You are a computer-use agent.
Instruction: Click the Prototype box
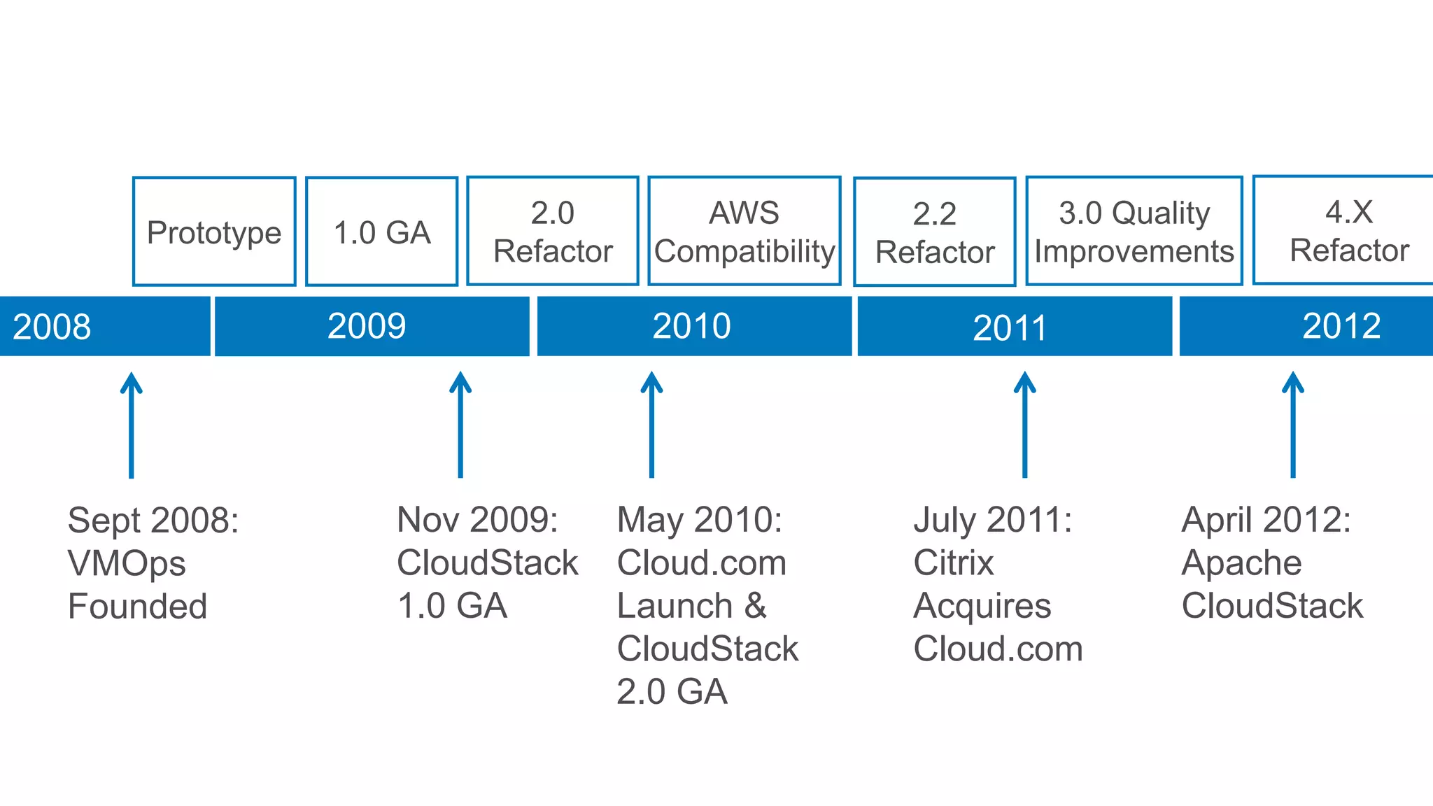[214, 232]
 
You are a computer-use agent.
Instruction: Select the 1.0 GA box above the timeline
[382, 232]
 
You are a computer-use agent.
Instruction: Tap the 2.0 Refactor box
[553, 231]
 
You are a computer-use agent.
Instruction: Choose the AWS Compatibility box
[744, 231]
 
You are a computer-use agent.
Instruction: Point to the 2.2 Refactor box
[935, 232]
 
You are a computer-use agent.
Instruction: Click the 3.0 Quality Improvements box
[1134, 231]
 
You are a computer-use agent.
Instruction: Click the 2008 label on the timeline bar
[52, 327]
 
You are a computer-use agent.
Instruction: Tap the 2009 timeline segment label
[367, 326]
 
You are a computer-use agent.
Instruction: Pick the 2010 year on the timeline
[691, 326]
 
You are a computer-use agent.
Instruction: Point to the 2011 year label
[1010, 327]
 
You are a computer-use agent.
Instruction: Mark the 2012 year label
[1341, 326]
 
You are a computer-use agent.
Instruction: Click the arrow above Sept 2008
[131, 425]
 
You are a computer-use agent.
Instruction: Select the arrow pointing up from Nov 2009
[460, 425]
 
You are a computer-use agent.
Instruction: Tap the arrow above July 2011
[1024, 425]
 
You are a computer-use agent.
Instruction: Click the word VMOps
[127, 564]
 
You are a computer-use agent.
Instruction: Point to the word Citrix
[953, 563]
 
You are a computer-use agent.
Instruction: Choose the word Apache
[1241, 563]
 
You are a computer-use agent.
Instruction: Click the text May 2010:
[699, 521]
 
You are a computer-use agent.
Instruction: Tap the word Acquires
[982, 607]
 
